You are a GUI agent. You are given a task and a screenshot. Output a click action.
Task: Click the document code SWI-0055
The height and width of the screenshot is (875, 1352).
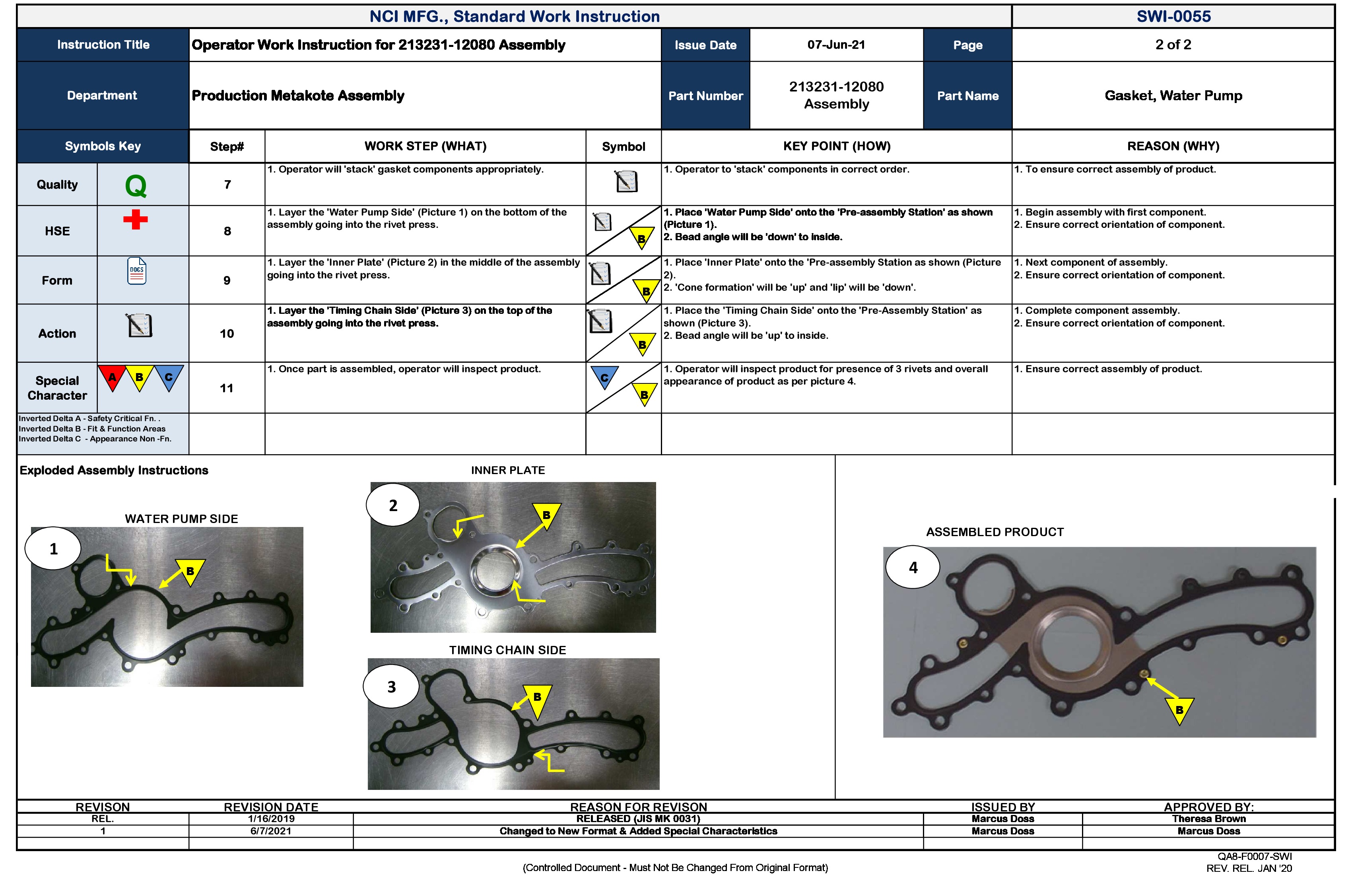(x=1173, y=16)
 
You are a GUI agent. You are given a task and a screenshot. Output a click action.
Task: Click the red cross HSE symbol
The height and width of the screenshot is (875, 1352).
(x=135, y=219)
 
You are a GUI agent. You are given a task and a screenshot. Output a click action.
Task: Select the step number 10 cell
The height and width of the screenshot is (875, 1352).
(x=227, y=334)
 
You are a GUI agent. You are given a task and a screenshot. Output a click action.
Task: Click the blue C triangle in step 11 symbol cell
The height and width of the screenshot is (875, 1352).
(x=604, y=377)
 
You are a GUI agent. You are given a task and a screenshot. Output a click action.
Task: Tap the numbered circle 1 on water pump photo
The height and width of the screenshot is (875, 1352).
(x=53, y=549)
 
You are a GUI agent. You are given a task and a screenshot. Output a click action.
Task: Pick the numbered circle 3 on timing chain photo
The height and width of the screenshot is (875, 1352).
(x=391, y=687)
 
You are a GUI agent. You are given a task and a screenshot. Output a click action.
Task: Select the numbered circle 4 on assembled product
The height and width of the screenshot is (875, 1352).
(x=913, y=568)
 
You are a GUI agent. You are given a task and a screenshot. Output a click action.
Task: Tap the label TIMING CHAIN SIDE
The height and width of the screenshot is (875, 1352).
(x=507, y=650)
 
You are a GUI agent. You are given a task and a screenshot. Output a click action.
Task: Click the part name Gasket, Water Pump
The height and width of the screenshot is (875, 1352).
(x=1173, y=95)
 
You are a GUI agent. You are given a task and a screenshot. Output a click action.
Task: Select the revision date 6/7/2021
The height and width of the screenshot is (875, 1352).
(x=270, y=831)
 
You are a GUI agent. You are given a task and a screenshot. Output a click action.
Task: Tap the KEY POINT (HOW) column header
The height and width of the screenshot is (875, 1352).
(x=836, y=146)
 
